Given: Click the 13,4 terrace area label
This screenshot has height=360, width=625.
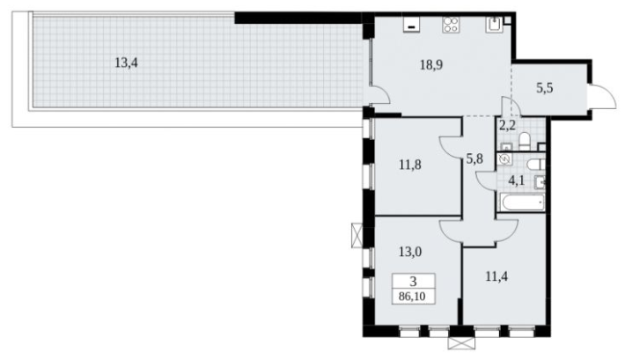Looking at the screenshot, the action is click(x=127, y=62).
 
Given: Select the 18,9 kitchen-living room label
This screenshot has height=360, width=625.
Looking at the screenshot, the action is click(x=431, y=64).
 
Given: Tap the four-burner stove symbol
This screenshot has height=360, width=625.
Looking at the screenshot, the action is click(x=451, y=25).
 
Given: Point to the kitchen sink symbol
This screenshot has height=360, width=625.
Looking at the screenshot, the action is click(x=494, y=25).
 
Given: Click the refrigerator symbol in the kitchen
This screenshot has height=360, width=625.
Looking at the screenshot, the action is click(x=411, y=25).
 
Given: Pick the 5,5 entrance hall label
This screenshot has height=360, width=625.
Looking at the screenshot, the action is click(x=545, y=88).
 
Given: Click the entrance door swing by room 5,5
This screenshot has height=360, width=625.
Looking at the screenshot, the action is click(x=603, y=96).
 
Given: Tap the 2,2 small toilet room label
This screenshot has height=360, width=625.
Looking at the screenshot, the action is click(x=507, y=126).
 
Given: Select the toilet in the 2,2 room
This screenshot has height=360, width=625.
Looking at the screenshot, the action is click(x=524, y=142).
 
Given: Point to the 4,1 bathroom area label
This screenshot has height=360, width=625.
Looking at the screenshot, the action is click(x=516, y=180).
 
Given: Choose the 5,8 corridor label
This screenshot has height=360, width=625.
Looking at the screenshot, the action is click(x=474, y=159).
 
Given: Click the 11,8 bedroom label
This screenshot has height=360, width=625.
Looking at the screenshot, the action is click(x=410, y=165).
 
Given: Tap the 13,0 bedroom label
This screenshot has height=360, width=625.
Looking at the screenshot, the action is click(x=410, y=252).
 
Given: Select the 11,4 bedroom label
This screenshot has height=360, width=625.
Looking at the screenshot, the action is click(x=496, y=276).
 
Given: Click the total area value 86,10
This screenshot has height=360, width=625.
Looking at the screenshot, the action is click(x=414, y=297).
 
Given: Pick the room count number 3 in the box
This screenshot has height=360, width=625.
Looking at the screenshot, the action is click(x=414, y=282).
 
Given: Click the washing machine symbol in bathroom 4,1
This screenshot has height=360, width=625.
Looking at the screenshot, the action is click(x=504, y=159).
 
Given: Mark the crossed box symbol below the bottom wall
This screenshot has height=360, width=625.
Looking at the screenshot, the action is click(x=461, y=343).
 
